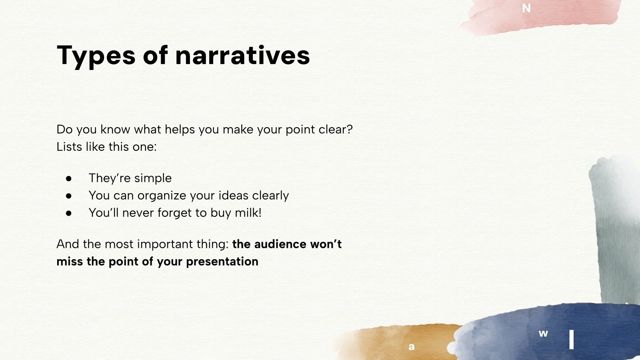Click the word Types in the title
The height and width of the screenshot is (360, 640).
tap(96, 56)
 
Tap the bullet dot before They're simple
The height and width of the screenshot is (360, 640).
tap(68, 178)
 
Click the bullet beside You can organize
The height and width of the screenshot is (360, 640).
tap(68, 196)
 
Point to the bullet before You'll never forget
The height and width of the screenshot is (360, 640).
tap(68, 213)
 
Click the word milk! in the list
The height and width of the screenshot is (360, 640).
tap(248, 212)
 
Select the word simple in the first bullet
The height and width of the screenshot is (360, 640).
tap(153, 178)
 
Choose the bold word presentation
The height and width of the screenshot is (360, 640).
tap(222, 262)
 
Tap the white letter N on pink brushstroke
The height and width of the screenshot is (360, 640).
tap(526, 8)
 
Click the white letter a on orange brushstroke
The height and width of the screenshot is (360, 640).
tap(412, 347)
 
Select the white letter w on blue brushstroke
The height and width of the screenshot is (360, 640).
tap(543, 334)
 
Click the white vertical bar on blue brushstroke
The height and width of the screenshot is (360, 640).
tap(572, 340)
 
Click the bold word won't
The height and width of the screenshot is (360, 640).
tap(326, 244)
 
